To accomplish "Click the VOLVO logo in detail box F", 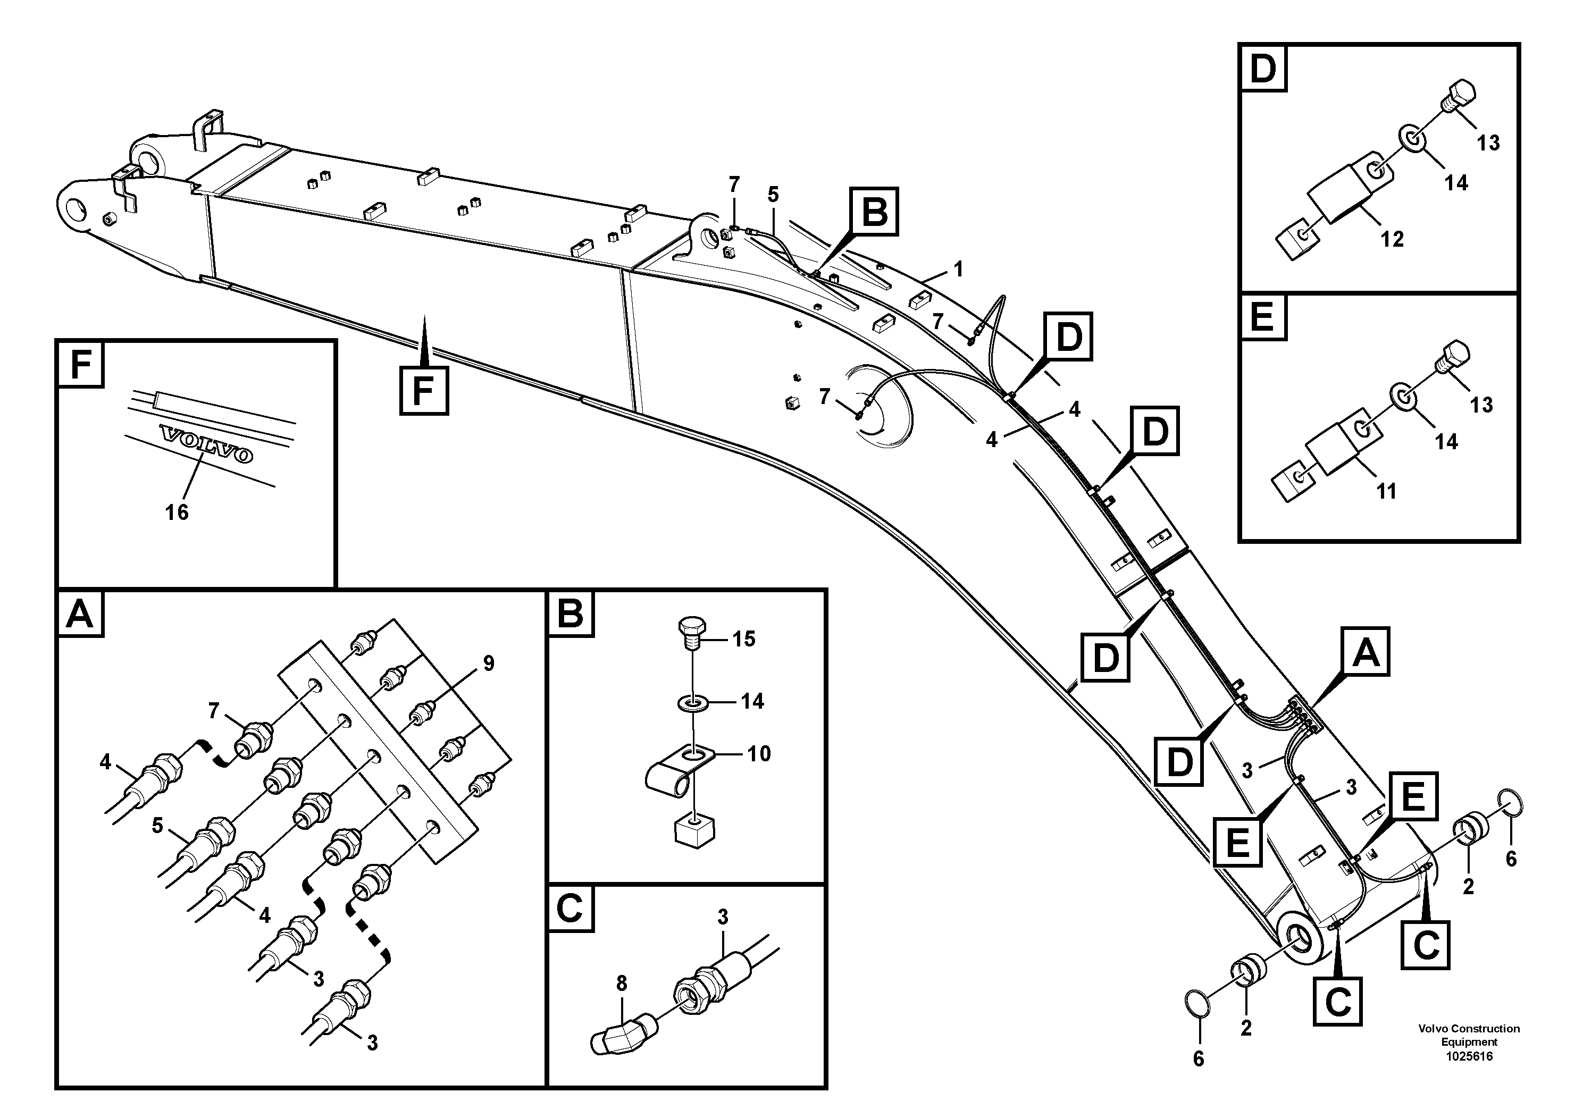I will (x=205, y=445).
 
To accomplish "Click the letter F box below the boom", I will (x=423, y=391).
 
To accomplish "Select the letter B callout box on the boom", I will (x=874, y=211).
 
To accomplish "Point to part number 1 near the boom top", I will (x=958, y=270).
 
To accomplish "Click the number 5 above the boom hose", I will (x=773, y=195).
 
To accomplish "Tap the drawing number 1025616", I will (x=1469, y=1056).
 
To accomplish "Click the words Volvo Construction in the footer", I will (x=1469, y=1028).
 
